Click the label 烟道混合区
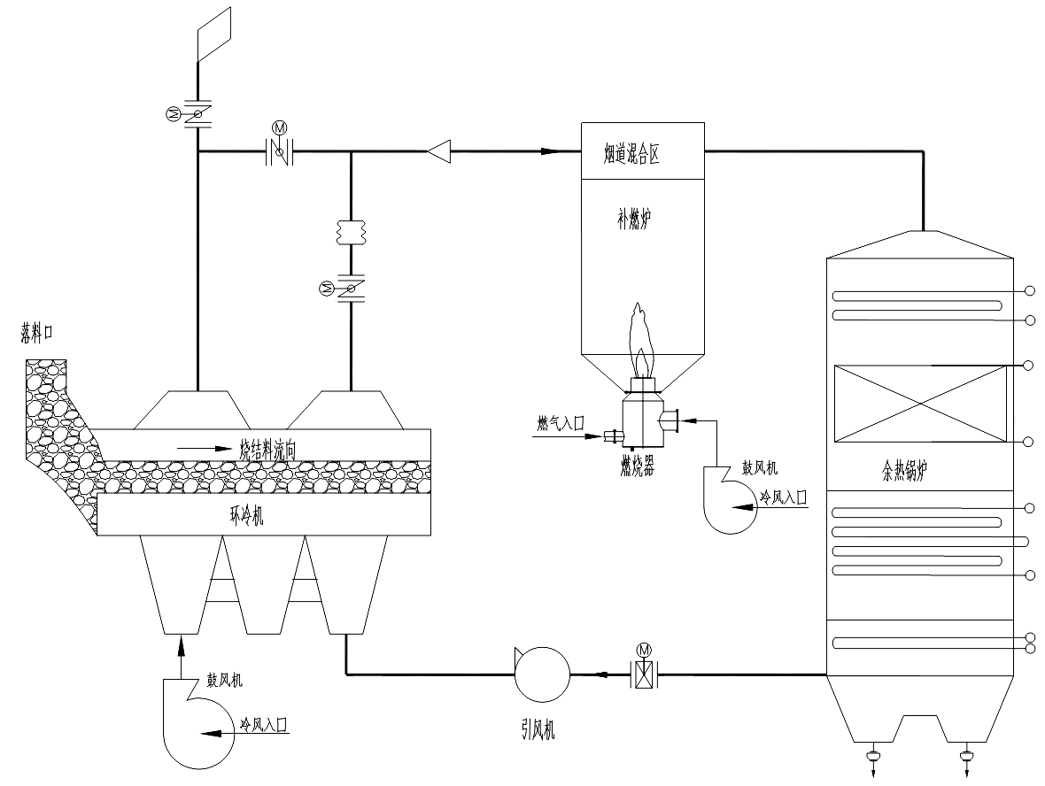631,155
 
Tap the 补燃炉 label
634,220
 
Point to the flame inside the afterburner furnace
641,340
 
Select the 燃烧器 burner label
637,467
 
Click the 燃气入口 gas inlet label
561,423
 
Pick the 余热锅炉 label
904,472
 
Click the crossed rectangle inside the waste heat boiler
920,404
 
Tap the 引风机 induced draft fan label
538,731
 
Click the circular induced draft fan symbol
542,674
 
